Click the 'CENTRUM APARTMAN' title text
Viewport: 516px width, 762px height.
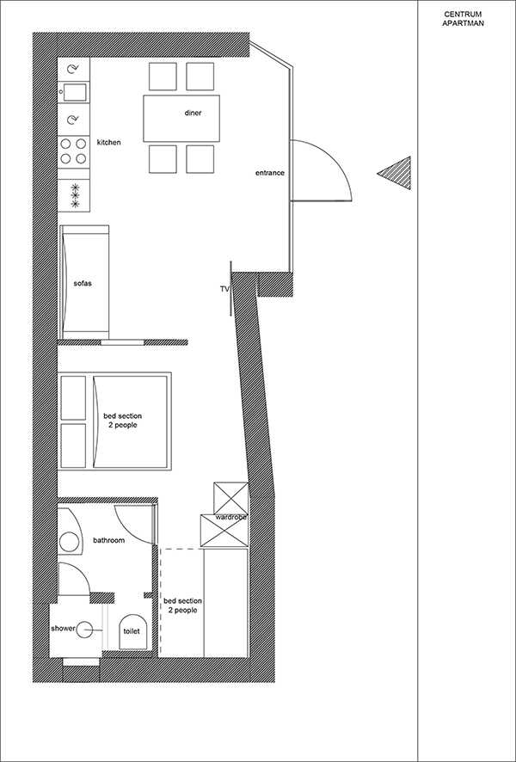click(x=463, y=19)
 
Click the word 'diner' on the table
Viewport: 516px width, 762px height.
click(x=193, y=114)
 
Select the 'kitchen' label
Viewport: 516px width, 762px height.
click(x=109, y=143)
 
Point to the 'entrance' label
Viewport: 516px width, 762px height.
click(x=270, y=173)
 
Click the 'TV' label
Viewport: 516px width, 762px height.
click(x=224, y=289)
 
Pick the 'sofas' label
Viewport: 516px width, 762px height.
click(x=82, y=284)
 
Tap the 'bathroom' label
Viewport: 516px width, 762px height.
click(x=109, y=540)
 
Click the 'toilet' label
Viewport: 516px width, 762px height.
click(x=132, y=631)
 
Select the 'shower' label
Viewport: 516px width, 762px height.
click(x=63, y=629)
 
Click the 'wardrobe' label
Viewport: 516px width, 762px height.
click(x=230, y=518)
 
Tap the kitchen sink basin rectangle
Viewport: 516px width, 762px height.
click(x=74, y=92)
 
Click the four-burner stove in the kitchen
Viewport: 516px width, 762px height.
click(x=74, y=151)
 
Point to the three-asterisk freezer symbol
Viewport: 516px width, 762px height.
click(x=75, y=195)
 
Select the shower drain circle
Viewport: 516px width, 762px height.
click(x=87, y=630)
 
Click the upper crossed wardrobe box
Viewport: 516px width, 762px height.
click(x=231, y=498)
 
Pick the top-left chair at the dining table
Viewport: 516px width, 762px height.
click(x=163, y=77)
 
